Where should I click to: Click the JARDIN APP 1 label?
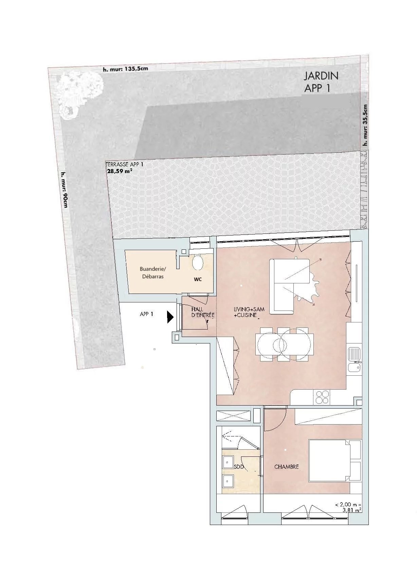(321, 82)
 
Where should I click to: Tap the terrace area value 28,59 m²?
(119, 171)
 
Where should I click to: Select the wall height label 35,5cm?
(365, 125)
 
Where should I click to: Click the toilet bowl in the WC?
(198, 262)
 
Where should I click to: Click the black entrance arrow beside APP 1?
(170, 317)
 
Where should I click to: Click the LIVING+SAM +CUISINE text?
(249, 312)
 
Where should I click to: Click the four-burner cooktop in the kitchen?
(322, 397)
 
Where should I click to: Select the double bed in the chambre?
(334, 461)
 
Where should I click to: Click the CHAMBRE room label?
(286, 467)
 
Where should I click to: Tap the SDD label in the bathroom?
(239, 467)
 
